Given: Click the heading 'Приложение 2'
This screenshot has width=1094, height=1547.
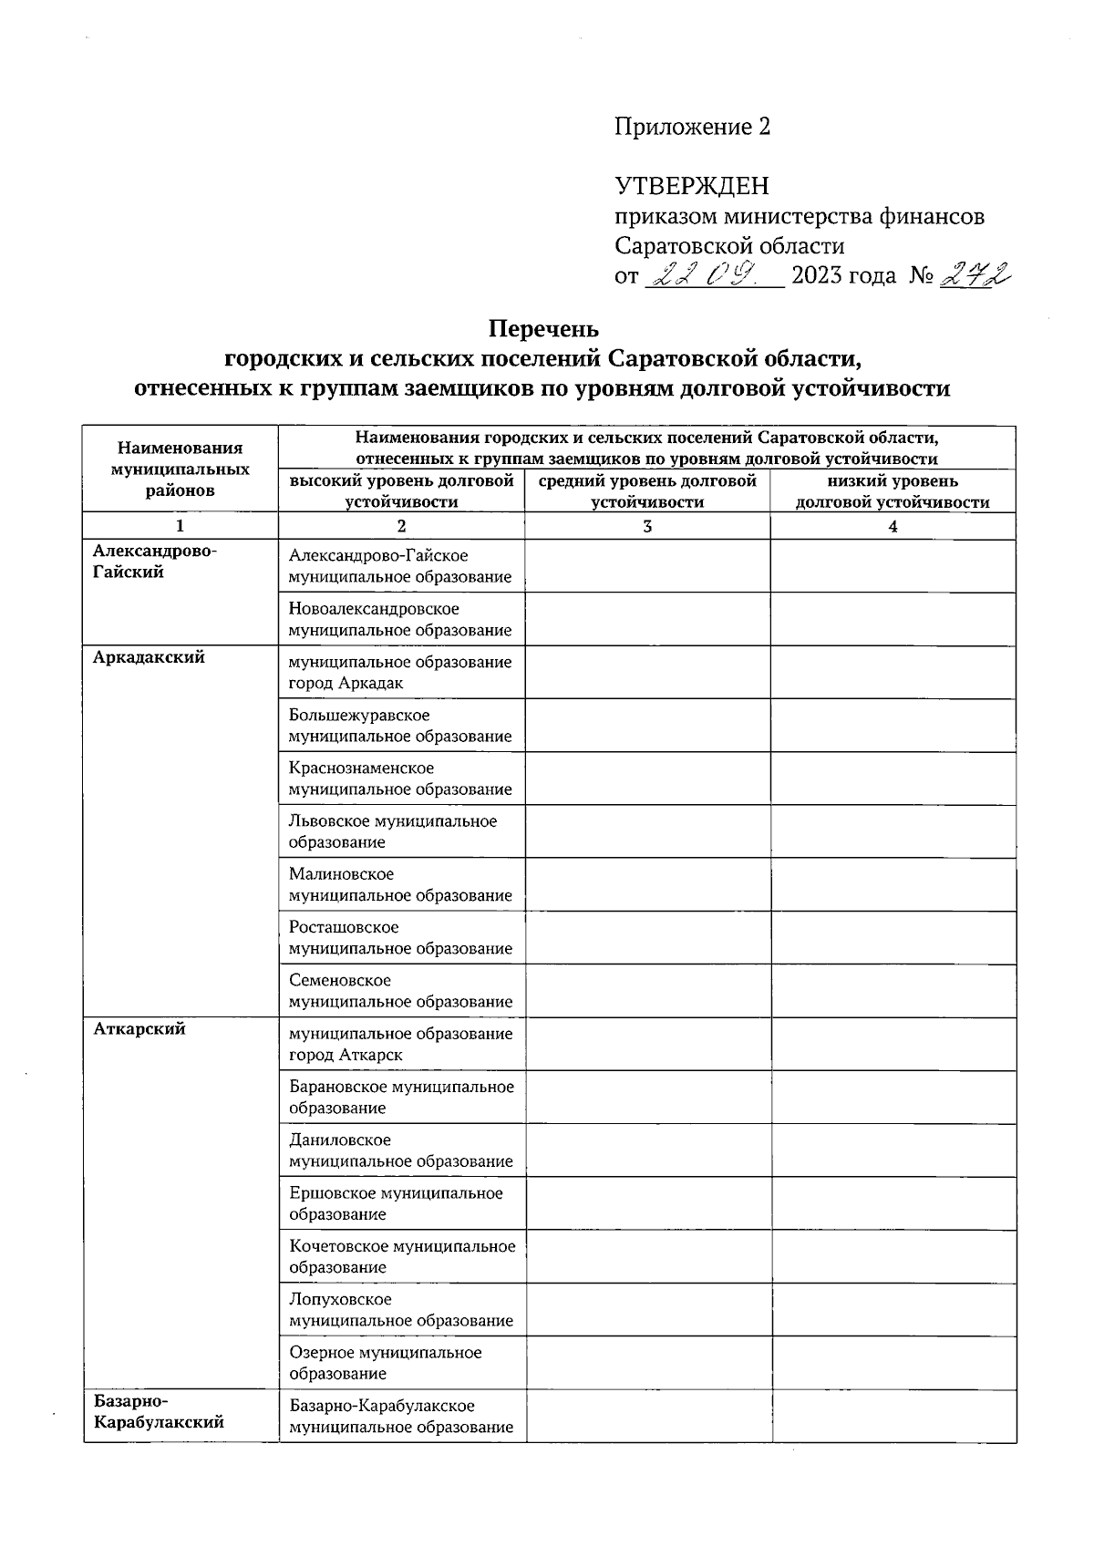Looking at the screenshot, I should [692, 127].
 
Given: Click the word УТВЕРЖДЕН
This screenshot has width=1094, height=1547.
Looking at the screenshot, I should [692, 186].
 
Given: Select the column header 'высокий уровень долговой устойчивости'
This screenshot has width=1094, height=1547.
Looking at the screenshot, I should [401, 491].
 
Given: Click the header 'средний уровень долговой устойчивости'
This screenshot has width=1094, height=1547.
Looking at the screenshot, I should [647, 491].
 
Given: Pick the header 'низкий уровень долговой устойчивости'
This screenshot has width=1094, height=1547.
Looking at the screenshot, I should [893, 491].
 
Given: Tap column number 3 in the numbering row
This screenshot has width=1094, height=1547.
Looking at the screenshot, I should [647, 526].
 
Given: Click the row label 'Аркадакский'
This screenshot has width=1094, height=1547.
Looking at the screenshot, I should [149, 657].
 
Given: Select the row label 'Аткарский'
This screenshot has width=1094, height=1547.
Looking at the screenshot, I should [139, 1028].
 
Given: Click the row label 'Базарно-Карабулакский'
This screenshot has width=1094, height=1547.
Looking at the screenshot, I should [159, 1412].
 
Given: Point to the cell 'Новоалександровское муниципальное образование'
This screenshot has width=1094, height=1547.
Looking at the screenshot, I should [400, 619].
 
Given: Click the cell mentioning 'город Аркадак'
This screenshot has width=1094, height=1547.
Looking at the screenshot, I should [400, 673].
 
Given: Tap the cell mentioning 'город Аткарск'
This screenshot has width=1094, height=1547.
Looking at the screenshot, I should [400, 1044].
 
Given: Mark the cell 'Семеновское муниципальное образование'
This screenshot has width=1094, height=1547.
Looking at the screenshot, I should [400, 991].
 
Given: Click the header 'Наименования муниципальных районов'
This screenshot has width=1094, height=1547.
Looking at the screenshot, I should [180, 469].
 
